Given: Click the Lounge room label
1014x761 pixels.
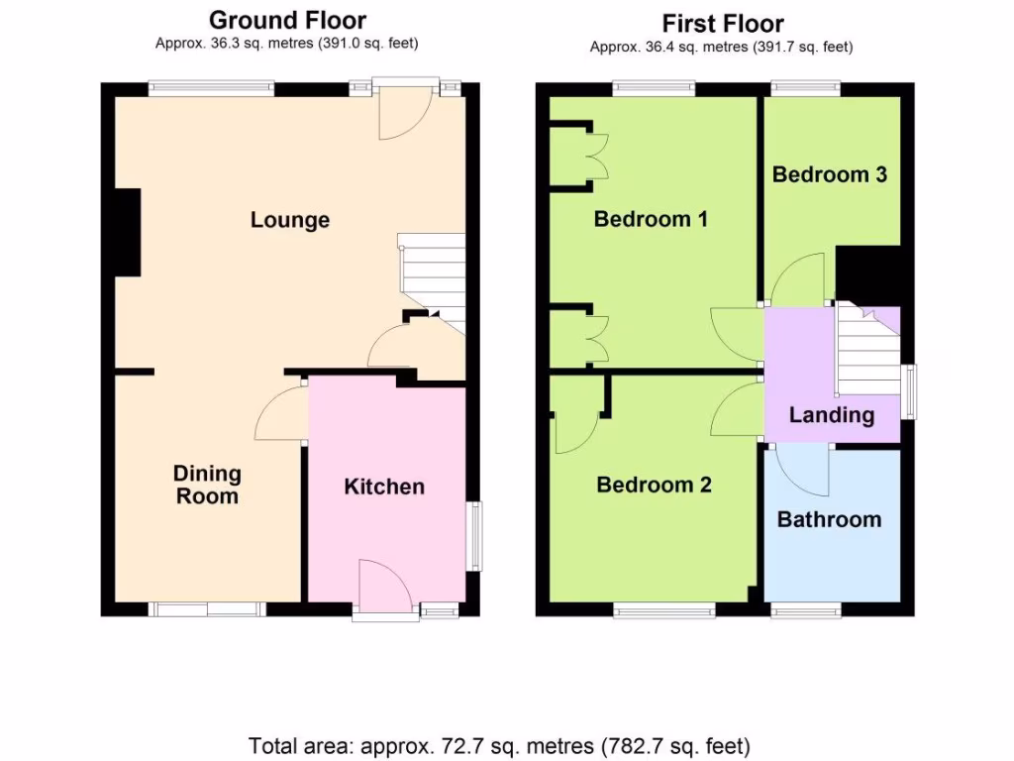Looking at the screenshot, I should coord(289,220).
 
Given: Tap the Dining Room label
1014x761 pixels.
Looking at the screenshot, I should coord(207,485).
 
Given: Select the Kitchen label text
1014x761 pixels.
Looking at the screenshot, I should coord(384,487).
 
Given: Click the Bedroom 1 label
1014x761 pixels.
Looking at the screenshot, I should coord(651,219).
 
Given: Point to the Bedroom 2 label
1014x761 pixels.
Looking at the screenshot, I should coord(654,485).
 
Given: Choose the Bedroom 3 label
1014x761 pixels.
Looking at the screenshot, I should coord(829,174).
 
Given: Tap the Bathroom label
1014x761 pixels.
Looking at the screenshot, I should coord(829,519).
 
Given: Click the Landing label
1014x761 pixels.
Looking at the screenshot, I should coord(831,415).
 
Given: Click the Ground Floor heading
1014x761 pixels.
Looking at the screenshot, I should coord(287,20).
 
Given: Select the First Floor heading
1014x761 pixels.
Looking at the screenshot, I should coord(722,23).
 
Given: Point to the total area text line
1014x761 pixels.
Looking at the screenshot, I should coord(499,745).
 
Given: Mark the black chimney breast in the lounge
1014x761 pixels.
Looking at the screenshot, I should coord(127,232).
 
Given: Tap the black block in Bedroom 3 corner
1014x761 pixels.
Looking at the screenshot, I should coord(867,273).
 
